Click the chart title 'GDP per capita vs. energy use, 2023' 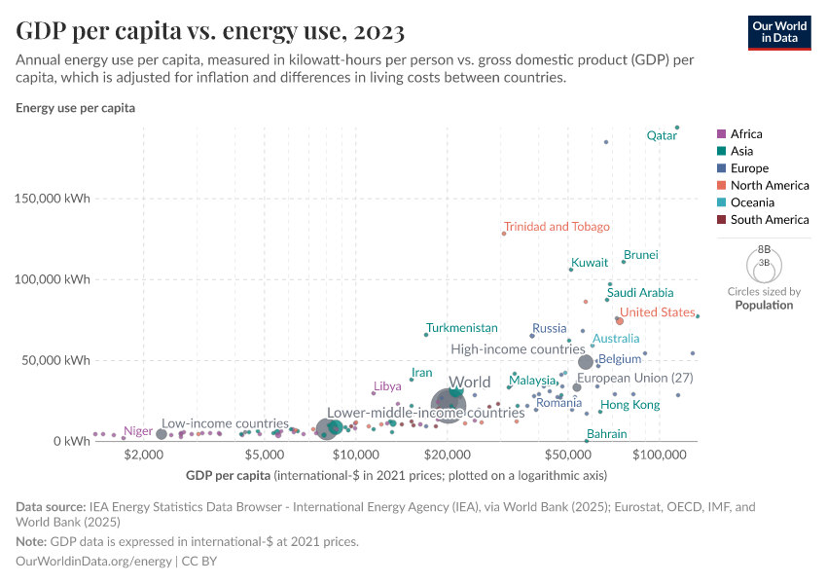(x=210, y=32)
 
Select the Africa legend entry (x=746, y=134)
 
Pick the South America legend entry (x=769, y=220)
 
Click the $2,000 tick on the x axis (x=144, y=456)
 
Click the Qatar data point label (x=662, y=136)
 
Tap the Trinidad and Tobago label (x=557, y=227)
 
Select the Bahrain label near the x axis (x=606, y=434)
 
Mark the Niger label (x=138, y=430)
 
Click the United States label (x=658, y=312)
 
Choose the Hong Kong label (x=629, y=405)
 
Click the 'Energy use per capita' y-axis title (x=75, y=108)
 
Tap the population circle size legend (x=764, y=263)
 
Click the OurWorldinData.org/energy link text (x=93, y=562)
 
